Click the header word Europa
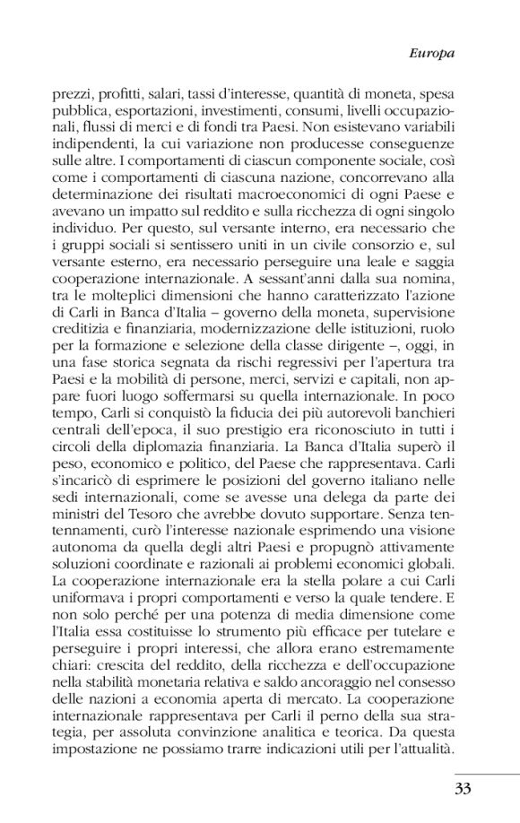pyautogui.click(x=433, y=53)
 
